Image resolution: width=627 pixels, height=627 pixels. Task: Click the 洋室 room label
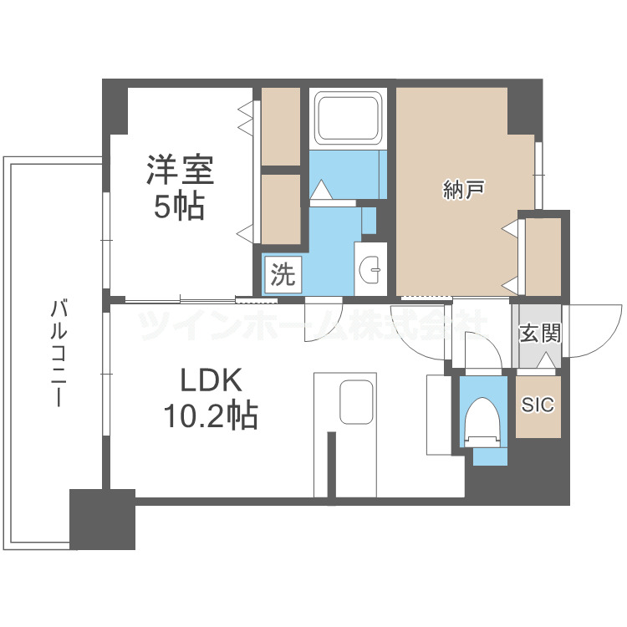[180, 170]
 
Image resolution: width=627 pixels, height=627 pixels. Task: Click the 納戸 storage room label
[463, 191]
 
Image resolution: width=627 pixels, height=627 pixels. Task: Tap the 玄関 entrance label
[539, 334]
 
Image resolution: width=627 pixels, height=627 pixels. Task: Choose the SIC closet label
[538, 405]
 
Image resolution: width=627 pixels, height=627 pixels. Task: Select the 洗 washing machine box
[283, 275]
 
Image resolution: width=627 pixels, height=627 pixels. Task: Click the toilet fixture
[482, 420]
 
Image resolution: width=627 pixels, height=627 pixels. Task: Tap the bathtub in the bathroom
[347, 118]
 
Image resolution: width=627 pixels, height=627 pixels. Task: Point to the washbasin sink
[371, 268]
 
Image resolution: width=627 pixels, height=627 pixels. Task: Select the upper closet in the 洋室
[281, 125]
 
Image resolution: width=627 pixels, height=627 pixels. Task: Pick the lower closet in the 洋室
[281, 207]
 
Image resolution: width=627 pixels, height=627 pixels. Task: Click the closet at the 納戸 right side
[543, 255]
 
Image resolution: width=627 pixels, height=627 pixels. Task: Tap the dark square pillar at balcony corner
[102, 518]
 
